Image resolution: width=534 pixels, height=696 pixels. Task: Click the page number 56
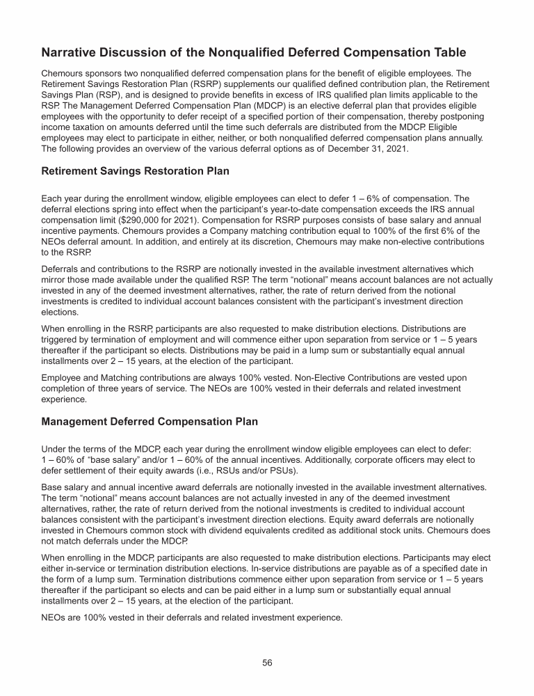point(267,663)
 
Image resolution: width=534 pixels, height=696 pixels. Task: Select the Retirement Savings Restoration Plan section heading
point(135,171)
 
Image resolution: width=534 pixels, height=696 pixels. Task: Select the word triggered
point(65,338)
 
